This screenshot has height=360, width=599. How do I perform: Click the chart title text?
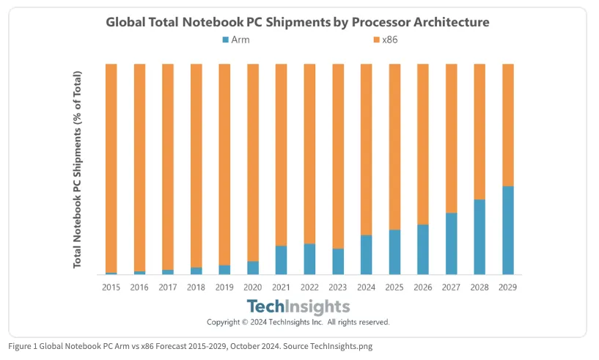[297, 22]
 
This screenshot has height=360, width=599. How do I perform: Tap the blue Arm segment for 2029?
[507, 230]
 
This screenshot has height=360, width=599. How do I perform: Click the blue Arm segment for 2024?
[366, 254]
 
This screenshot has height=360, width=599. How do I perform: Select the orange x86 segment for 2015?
[111, 168]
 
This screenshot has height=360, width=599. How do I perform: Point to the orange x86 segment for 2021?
[281, 155]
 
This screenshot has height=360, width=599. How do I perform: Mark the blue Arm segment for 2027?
[451, 243]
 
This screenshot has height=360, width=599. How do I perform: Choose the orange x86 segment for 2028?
[479, 131]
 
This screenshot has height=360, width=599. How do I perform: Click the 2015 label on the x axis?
[111, 287]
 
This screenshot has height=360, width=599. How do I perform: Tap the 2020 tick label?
[253, 287]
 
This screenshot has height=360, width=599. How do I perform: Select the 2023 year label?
[338, 287]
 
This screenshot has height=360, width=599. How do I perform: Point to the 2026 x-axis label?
[423, 287]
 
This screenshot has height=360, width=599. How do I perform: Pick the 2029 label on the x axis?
[507, 287]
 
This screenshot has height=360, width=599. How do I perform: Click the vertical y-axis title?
[78, 169]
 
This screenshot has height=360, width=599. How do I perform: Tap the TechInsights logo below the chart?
[298, 306]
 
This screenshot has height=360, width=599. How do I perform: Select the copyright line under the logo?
[298, 322]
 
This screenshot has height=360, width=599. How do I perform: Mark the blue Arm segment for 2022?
[309, 259]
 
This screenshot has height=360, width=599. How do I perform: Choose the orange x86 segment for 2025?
[394, 147]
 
